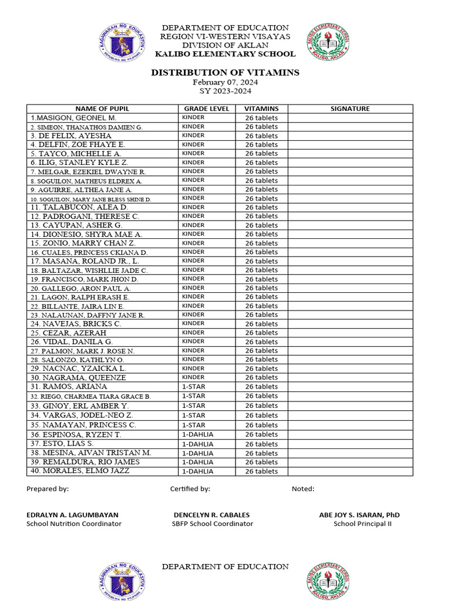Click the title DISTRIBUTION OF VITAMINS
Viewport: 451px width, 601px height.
coord(225,73)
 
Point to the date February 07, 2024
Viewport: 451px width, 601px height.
coord(225,83)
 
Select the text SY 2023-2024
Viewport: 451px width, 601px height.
coord(225,92)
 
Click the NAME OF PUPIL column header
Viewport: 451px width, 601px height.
coord(102,109)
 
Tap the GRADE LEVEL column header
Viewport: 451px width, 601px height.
coord(207,109)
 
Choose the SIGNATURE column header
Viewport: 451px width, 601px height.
coord(350,109)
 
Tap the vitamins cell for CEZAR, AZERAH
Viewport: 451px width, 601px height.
coord(261,333)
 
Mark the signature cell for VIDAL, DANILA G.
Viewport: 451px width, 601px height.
coord(350,342)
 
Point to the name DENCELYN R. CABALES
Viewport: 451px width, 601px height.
coord(211,515)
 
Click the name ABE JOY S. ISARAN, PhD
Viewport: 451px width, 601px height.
coord(359,515)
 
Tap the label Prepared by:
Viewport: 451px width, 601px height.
coord(48,489)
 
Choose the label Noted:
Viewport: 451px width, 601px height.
coord(303,489)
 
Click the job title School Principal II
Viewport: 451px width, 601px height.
coord(362,524)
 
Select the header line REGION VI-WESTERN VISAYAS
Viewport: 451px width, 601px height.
coord(225,36)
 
